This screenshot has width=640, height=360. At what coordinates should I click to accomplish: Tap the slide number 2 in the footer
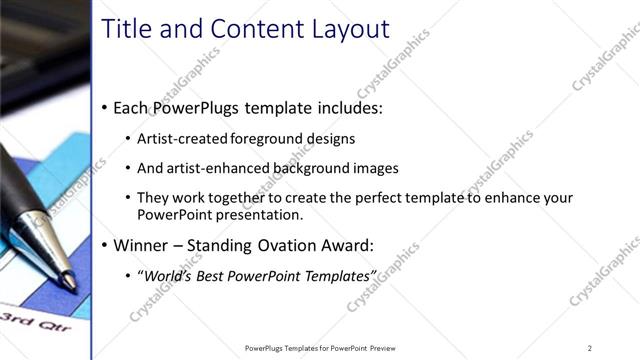click(x=590, y=348)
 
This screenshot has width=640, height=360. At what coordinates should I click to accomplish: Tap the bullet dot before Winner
click(x=105, y=245)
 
